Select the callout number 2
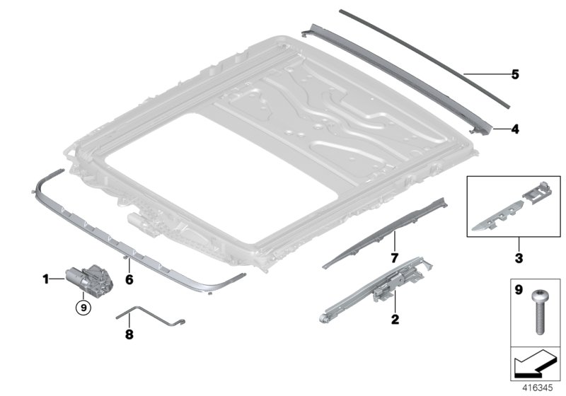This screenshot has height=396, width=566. (x=395, y=319)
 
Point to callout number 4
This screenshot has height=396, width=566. (x=515, y=129)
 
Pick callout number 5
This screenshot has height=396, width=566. (x=515, y=74)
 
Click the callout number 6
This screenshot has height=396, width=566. (x=129, y=280)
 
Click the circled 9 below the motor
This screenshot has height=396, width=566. (x=84, y=306)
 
